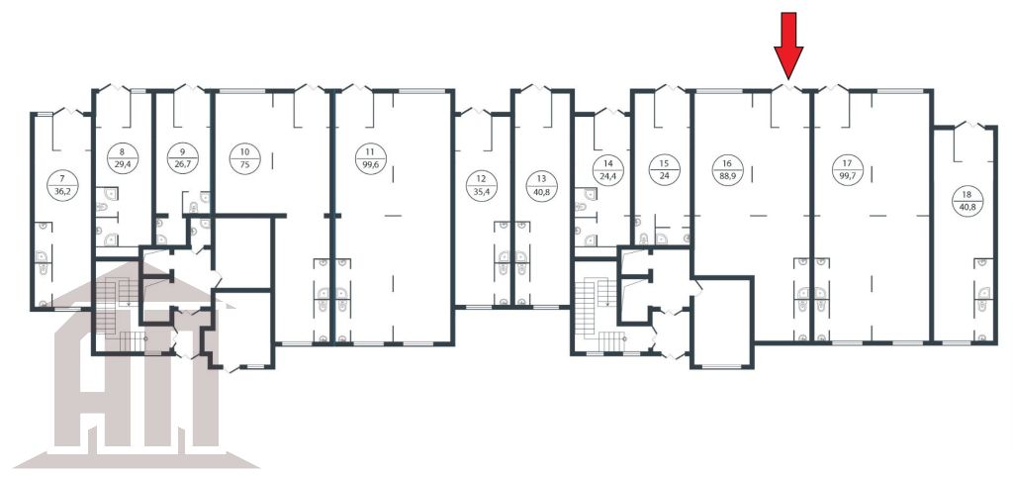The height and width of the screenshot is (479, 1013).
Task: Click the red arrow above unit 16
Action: [x=788, y=46]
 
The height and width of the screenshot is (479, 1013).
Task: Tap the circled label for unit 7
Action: [x=62, y=186]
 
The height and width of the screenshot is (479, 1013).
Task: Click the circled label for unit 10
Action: [x=245, y=159]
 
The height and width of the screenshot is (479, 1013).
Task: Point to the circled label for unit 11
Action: [x=370, y=159]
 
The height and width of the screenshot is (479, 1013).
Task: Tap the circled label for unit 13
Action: [x=541, y=186]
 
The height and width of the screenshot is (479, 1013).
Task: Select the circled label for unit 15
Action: [x=664, y=169]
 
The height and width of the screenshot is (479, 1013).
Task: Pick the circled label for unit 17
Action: [x=846, y=169]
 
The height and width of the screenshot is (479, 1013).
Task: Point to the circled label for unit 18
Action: [x=967, y=201]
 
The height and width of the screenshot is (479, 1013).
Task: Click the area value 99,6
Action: [x=370, y=165]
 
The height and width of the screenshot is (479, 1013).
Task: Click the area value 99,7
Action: [x=846, y=176]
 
